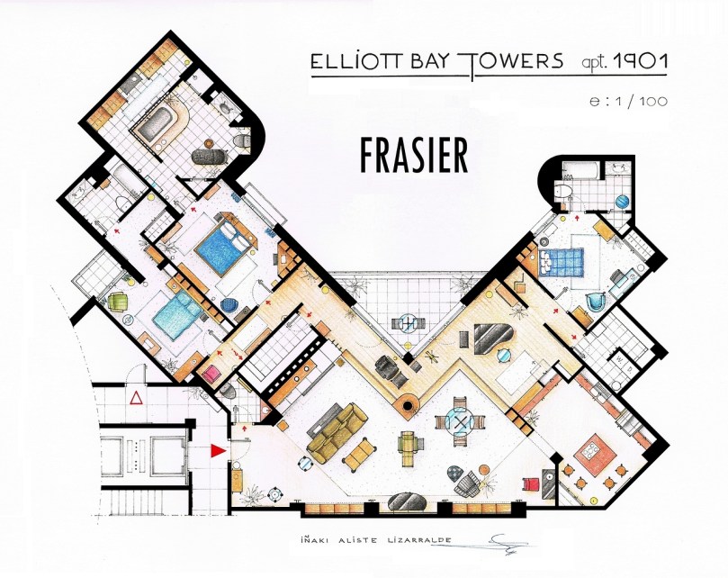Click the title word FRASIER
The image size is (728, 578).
tap(414, 155)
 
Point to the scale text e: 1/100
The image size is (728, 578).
tap(628, 101)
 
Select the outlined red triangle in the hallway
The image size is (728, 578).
tap(136, 396)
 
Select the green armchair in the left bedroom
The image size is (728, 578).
tap(119, 301)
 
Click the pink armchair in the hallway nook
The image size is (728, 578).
tap(214, 372)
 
